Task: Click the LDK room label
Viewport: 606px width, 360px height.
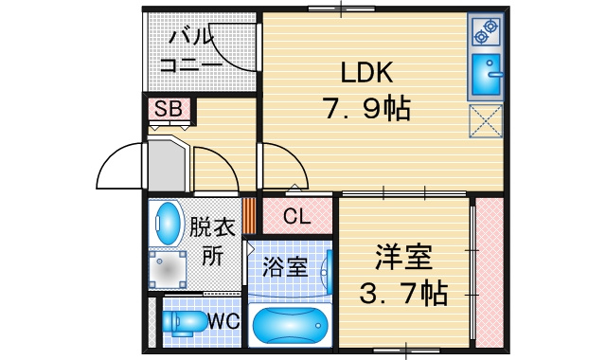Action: click(366, 72)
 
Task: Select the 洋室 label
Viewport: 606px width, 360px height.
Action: click(403, 257)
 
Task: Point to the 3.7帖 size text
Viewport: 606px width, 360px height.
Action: click(403, 293)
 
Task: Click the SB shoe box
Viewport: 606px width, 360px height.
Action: click(169, 109)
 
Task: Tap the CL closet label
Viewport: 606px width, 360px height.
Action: click(296, 217)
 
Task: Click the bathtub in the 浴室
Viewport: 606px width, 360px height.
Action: click(290, 325)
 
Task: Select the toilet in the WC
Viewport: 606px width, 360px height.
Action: click(185, 322)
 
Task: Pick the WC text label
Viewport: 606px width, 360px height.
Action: click(223, 321)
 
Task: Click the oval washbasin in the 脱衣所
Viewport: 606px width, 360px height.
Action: click(167, 224)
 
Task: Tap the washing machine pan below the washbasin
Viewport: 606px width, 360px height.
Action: click(168, 269)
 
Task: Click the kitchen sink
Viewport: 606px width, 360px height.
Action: click(486, 75)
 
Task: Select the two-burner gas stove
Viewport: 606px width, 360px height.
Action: click(486, 31)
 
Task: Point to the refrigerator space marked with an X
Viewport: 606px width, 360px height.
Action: click(486, 120)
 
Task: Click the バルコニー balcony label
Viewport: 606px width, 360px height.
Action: click(190, 51)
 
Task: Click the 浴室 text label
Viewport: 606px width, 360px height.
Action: click(285, 266)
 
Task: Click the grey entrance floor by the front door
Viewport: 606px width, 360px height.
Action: click(167, 167)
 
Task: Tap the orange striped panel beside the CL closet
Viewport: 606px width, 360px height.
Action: click(250, 216)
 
